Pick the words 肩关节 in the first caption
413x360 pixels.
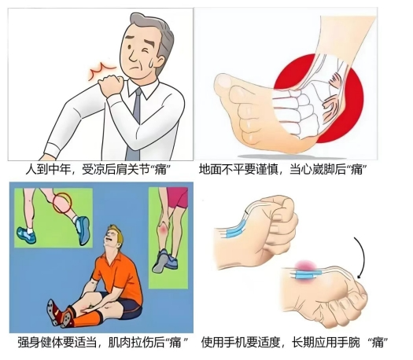(x=134, y=169)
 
